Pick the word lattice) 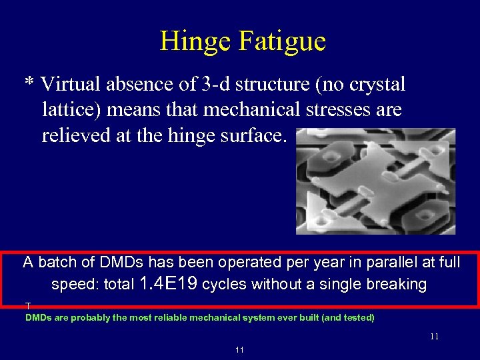pyautogui.click(x=71, y=110)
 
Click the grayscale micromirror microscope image pyautogui.click(x=375, y=181)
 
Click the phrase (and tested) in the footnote pyautogui.click(x=348, y=318)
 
